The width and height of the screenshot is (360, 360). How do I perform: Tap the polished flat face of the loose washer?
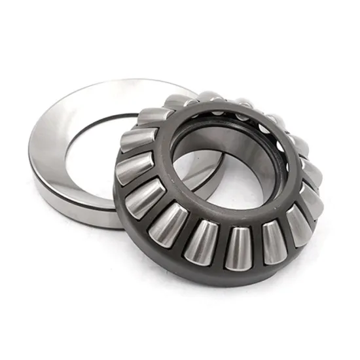pos(72,131)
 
